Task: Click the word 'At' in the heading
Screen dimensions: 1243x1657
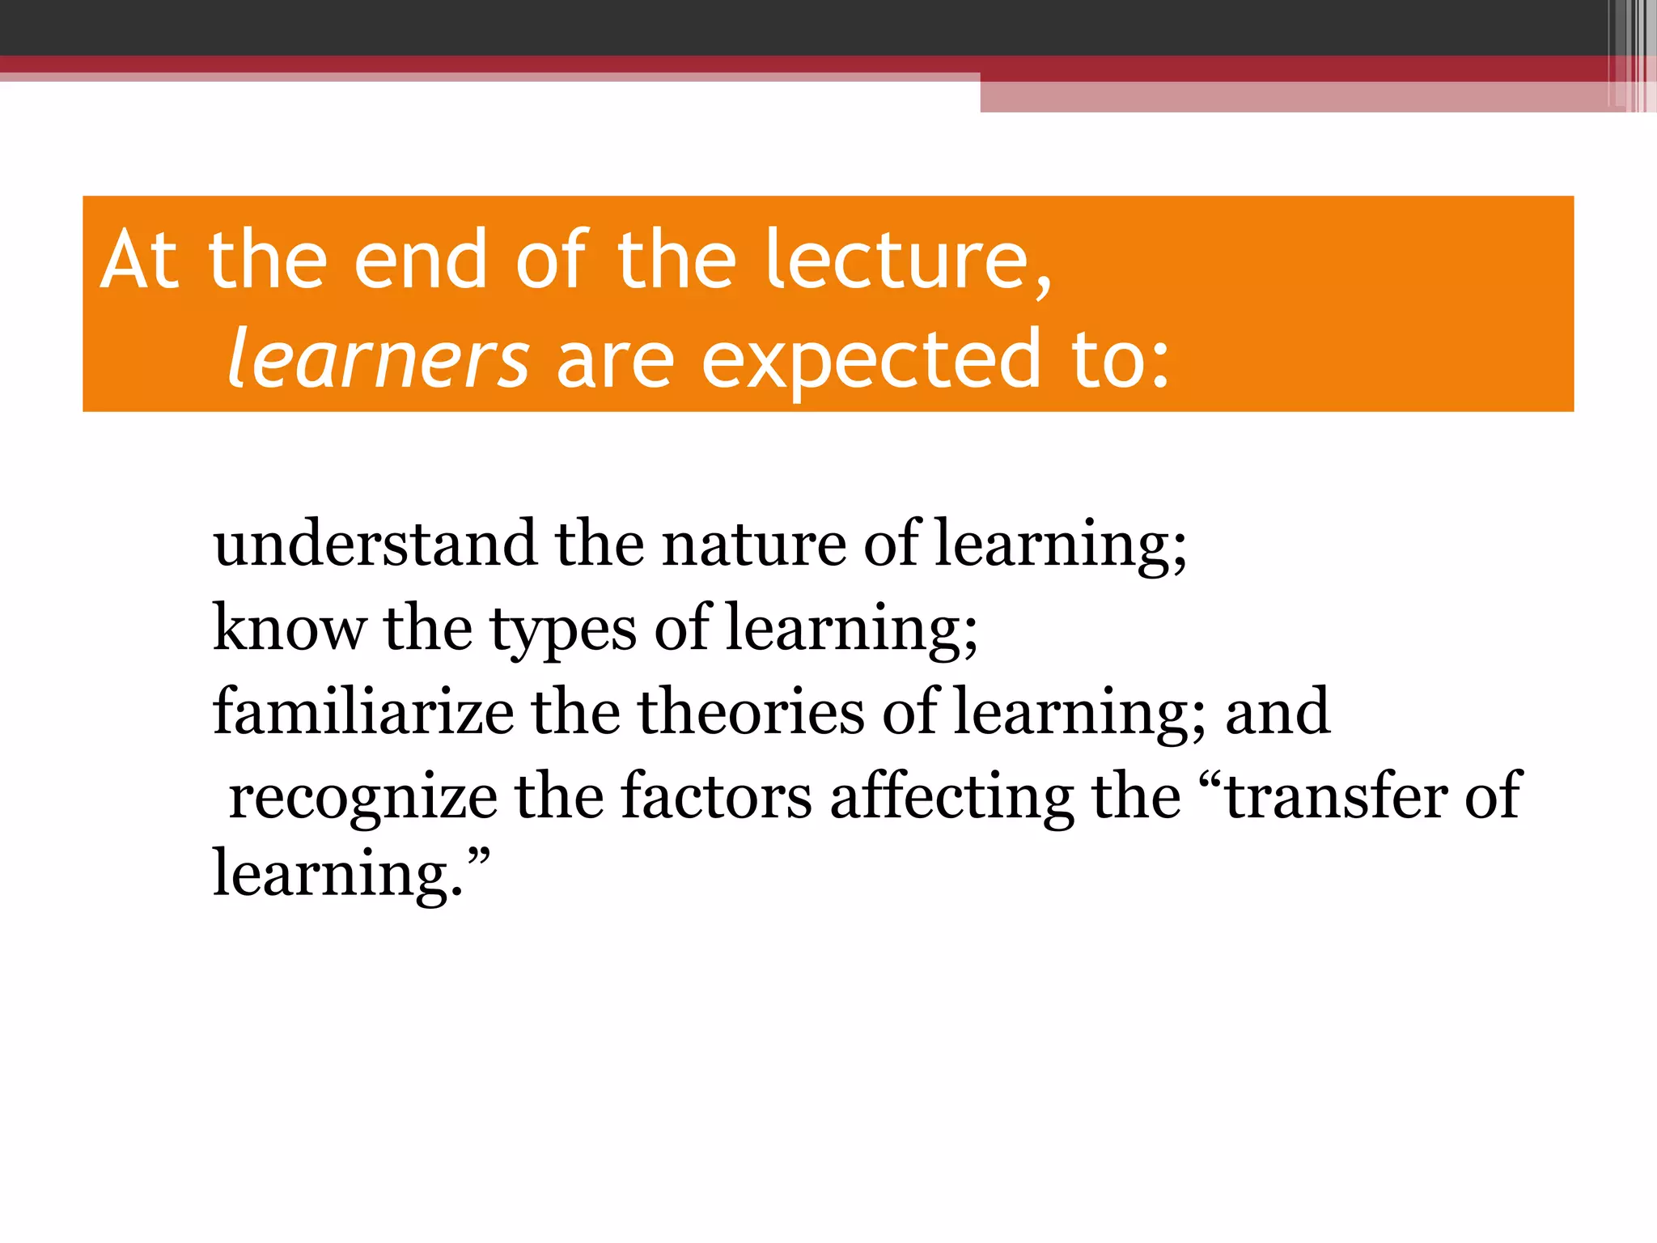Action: click(139, 261)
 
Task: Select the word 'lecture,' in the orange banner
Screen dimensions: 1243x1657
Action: click(908, 261)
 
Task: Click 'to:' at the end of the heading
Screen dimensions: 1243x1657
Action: click(1121, 359)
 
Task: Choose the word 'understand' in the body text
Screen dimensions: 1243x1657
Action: click(375, 544)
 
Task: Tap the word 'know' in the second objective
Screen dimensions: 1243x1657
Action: click(289, 628)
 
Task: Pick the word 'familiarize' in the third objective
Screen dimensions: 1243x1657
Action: click(363, 712)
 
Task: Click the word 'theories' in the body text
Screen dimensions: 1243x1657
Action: click(751, 712)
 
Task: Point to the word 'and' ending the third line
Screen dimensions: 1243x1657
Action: click(1278, 712)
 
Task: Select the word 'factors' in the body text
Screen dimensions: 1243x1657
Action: click(716, 797)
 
